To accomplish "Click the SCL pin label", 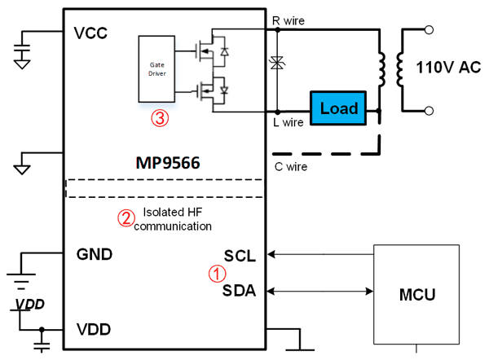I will (240, 255).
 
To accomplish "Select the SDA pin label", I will (239, 288).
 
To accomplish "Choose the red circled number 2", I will (126, 217).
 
